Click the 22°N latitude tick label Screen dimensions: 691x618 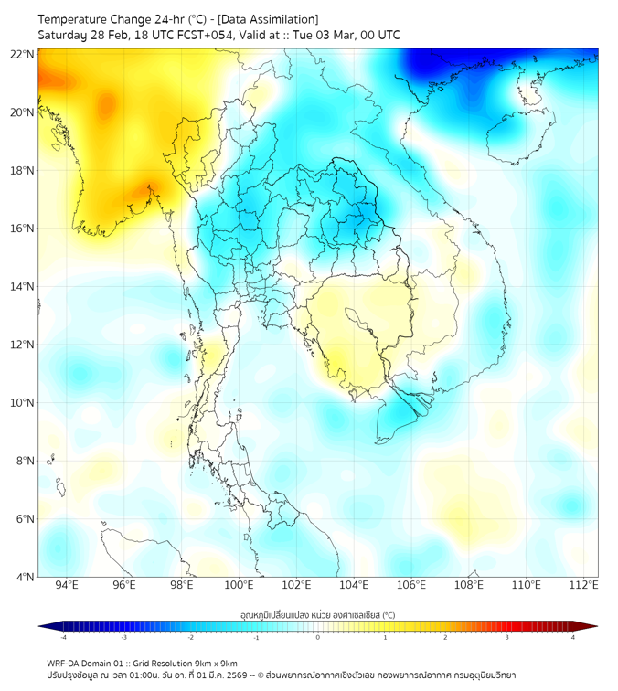point(23,54)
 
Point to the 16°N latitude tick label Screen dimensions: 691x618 point(23,229)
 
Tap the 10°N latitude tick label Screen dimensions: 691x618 point(23,403)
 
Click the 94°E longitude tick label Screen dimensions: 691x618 point(67,586)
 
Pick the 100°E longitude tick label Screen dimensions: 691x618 point(240,586)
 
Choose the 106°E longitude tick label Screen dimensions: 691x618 point(411,586)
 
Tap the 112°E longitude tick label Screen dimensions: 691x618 point(584,586)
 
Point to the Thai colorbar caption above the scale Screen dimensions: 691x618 point(317,615)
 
